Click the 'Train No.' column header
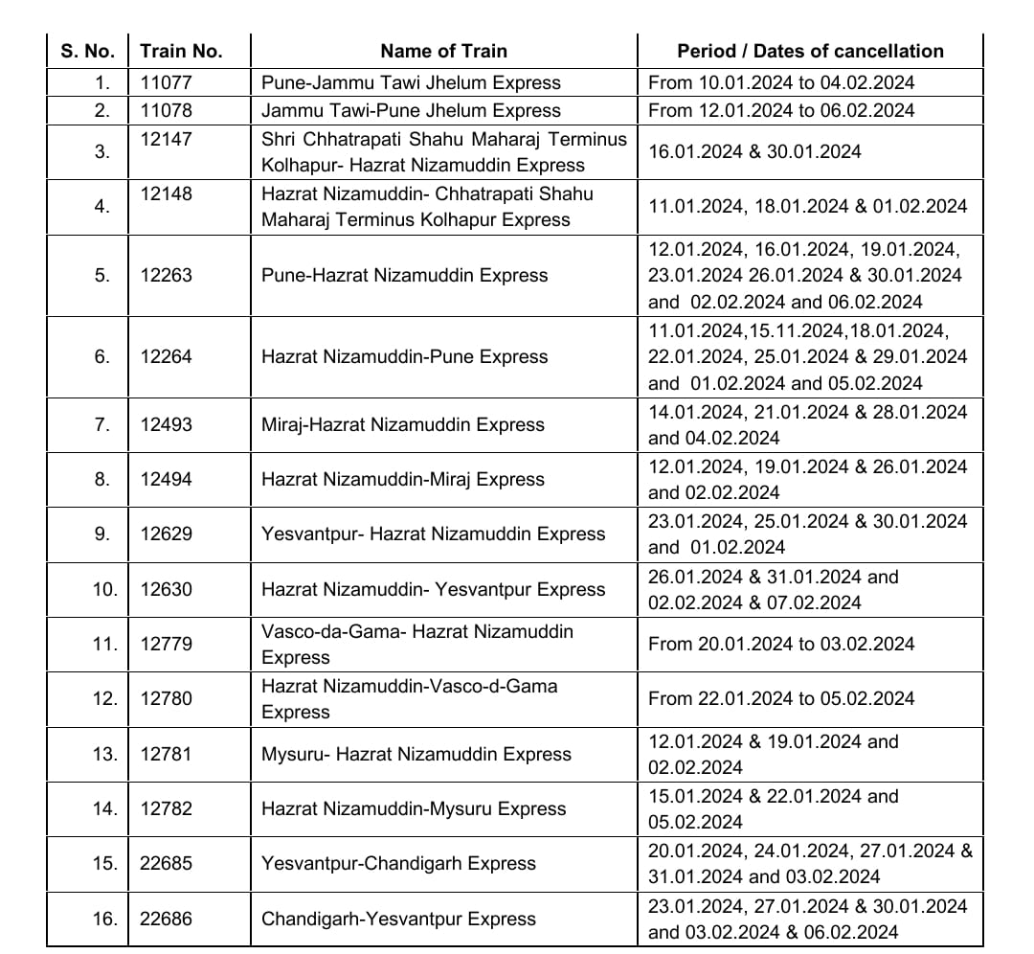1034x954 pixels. (x=181, y=52)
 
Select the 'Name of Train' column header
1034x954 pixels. (x=443, y=52)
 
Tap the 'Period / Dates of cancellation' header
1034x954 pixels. (x=810, y=52)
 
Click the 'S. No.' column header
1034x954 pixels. (x=87, y=52)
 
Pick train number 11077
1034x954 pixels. (x=166, y=82)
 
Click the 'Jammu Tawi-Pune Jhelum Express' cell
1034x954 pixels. (x=411, y=110)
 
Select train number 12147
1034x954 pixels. (x=166, y=139)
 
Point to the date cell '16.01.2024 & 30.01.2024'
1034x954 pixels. (x=754, y=151)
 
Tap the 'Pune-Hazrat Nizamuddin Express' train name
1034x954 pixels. (x=404, y=275)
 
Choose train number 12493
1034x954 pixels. (x=166, y=424)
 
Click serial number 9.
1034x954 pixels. (x=101, y=534)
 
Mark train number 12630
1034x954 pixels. (x=166, y=589)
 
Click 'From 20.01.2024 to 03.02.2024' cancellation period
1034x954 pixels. (x=781, y=644)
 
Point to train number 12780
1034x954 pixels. (x=166, y=698)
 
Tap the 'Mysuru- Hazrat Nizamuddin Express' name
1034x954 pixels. (x=416, y=754)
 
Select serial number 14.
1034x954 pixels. (x=104, y=808)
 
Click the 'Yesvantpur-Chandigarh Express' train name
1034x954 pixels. (x=398, y=863)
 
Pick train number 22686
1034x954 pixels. (x=166, y=919)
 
